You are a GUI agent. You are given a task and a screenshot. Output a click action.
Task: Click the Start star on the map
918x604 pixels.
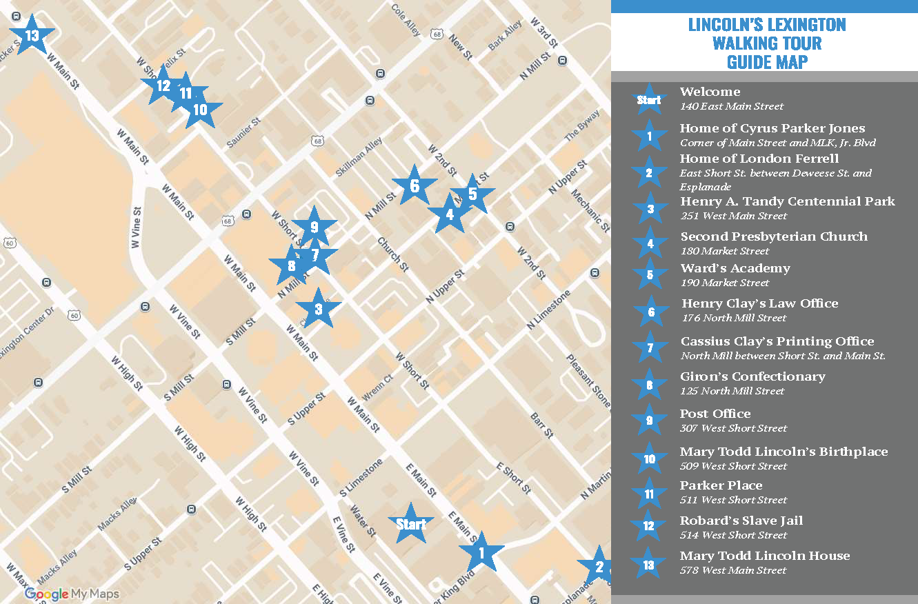[x=411, y=524]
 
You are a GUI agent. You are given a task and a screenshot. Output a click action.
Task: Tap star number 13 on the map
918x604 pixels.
[x=31, y=35]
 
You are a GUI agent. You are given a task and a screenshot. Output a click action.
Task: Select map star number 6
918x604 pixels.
[x=415, y=185]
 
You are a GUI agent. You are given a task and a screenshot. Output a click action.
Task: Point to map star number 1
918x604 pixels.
[x=481, y=552]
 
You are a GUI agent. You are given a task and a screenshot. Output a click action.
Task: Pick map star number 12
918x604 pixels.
[x=163, y=85]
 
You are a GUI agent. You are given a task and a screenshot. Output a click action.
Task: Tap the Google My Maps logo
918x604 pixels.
[x=72, y=594]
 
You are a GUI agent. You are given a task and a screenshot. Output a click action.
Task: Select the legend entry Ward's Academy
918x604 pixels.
[x=735, y=268]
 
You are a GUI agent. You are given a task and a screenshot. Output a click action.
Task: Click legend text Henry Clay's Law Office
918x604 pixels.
[x=759, y=303]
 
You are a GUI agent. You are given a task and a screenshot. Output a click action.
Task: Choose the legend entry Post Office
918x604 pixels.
[x=715, y=414]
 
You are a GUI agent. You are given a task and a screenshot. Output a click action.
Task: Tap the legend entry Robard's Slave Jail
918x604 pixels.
[x=741, y=521]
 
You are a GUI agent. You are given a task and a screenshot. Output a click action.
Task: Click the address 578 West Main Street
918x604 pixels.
[x=733, y=570]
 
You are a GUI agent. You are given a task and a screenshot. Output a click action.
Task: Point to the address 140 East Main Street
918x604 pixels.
[x=732, y=106]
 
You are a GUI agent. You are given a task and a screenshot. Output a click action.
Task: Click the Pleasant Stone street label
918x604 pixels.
[x=588, y=381]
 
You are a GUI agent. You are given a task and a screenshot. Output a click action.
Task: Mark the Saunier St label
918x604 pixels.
[x=243, y=132]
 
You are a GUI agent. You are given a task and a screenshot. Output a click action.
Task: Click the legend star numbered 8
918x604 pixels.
[x=649, y=385]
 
